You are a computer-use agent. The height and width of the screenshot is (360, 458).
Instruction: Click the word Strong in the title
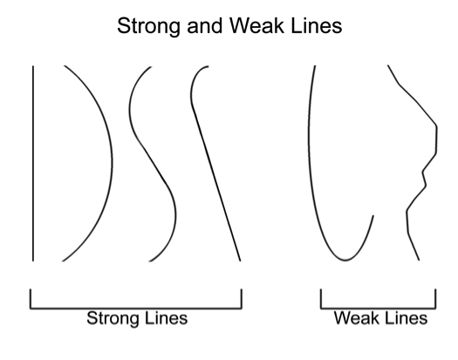pyautogui.click(x=148, y=26)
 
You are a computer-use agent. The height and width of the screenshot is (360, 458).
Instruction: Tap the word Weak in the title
pyautogui.click(x=257, y=25)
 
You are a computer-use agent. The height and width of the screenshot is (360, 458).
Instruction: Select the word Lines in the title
pyautogui.click(x=317, y=25)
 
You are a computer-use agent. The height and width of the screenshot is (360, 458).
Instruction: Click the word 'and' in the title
pyautogui.click(x=205, y=25)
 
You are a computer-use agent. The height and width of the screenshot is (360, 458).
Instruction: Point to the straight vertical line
pyautogui.click(x=33, y=164)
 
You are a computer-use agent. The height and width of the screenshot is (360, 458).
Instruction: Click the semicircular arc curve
pyautogui.click(x=112, y=164)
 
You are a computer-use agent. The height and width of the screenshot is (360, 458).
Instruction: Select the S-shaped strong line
pyautogui.click(x=152, y=164)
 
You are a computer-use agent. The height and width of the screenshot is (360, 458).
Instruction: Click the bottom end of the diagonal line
pyautogui.click(x=240, y=261)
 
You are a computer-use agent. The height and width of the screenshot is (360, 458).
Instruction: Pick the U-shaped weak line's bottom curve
pyautogui.click(x=345, y=259)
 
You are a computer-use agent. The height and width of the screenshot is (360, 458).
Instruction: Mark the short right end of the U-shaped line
pyautogui.click(x=373, y=216)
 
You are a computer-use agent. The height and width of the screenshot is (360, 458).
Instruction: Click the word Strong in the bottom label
pyautogui.click(x=112, y=319)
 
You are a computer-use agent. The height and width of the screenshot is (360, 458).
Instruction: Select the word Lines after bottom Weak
pyautogui.click(x=405, y=318)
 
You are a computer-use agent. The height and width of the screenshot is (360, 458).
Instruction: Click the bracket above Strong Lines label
pyautogui.click(x=136, y=308)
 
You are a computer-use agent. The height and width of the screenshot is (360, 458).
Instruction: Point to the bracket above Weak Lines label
pyautogui.click(x=379, y=308)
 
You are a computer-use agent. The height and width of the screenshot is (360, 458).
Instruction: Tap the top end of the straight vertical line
pyautogui.click(x=33, y=66)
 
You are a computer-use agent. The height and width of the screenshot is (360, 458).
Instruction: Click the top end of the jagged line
pyautogui.click(x=388, y=65)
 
